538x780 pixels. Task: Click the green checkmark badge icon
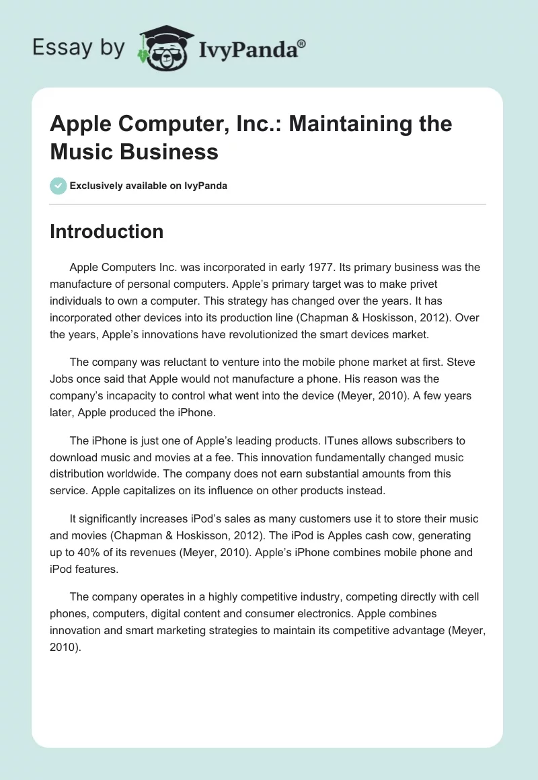[59, 186]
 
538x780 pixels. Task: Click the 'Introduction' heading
[107, 231]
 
